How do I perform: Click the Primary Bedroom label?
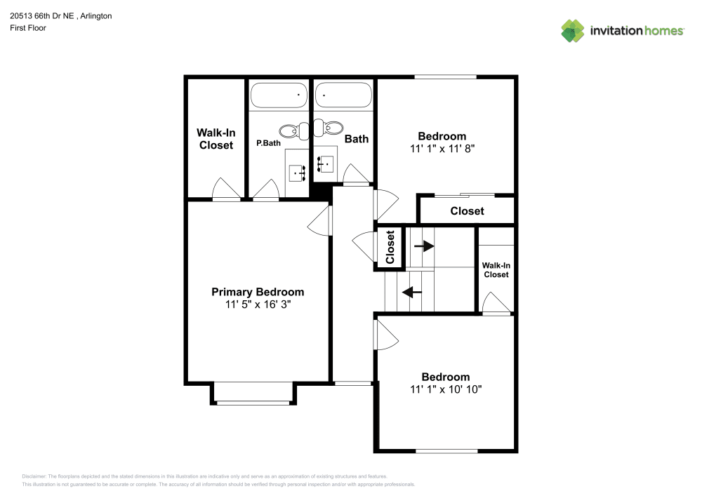coord(258,292)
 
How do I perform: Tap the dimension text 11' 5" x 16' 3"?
coord(258,305)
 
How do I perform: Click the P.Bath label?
coord(268,142)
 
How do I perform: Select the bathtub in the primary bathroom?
coord(279,95)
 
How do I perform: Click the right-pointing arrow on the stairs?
coord(423,246)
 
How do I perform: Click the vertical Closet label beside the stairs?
coord(390,246)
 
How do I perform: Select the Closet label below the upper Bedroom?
coord(467,210)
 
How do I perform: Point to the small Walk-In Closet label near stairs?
coord(495,270)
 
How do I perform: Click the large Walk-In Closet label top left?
coord(216,139)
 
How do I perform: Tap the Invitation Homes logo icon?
coord(572,31)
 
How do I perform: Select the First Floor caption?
coord(28,28)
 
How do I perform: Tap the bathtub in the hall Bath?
coord(343,95)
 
